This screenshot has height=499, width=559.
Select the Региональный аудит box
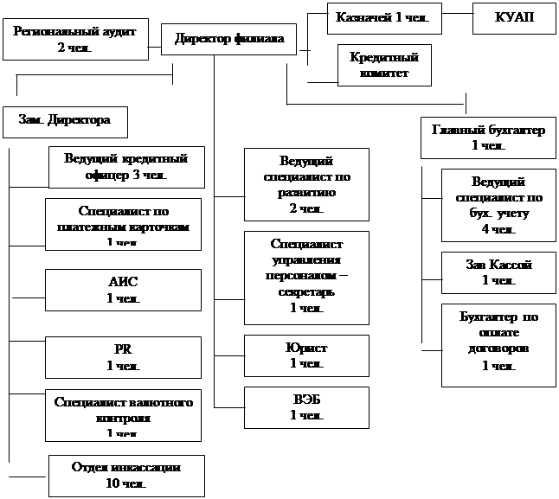click(73, 39)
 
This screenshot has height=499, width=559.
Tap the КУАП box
click(513, 16)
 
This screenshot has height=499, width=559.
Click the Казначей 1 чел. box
click(383, 16)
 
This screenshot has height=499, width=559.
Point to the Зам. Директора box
click(65, 121)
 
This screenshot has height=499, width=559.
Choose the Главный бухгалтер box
click(487, 138)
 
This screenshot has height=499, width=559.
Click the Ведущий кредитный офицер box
click(126, 166)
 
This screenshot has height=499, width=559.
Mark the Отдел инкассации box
click(126, 475)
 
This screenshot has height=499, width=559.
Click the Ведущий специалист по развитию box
click(305, 185)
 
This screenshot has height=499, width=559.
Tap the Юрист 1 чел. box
click(305, 355)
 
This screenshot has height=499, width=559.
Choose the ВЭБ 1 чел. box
click(305, 407)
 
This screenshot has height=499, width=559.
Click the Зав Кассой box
click(498, 272)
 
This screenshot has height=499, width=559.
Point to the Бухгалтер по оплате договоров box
click(498, 344)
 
